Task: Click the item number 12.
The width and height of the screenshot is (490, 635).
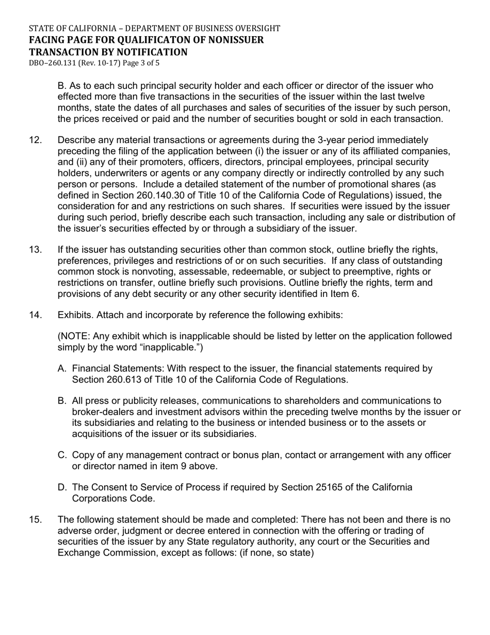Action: click(x=36, y=140)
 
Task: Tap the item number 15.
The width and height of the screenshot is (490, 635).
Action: click(x=36, y=519)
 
